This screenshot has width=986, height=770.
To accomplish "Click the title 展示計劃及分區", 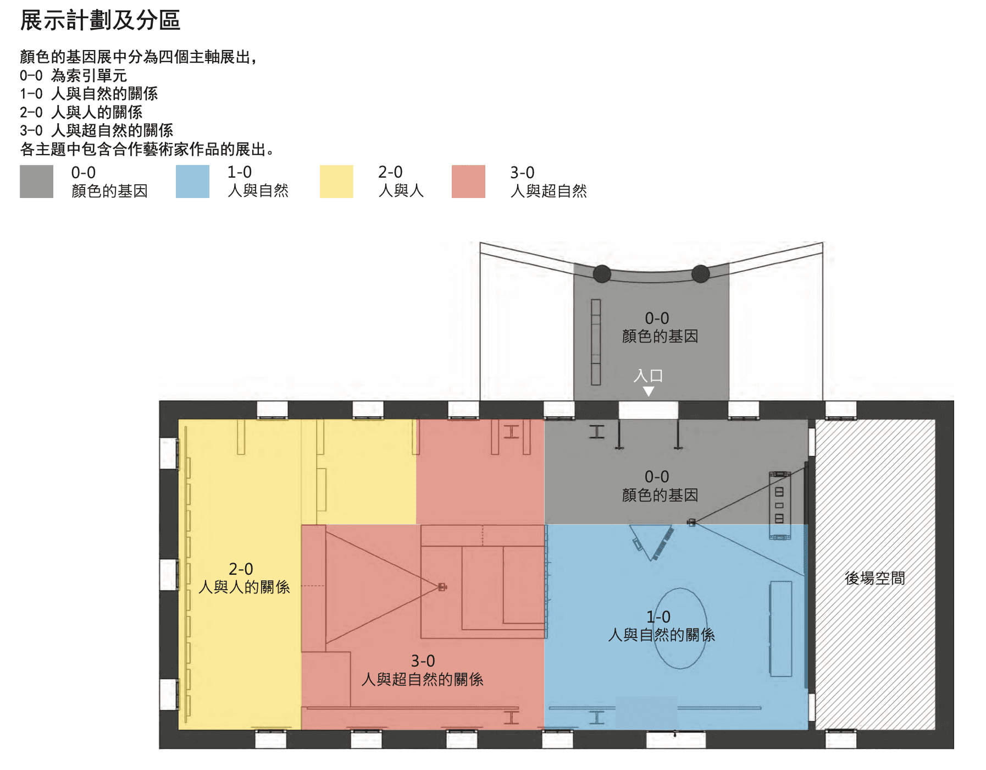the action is coord(100,21).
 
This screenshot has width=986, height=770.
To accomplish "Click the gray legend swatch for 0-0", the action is coord(36,182).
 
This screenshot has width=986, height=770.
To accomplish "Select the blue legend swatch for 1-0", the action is coord(192,182).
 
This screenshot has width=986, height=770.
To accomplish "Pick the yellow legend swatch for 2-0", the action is coord(336,182).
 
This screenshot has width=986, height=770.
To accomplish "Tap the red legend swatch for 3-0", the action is coord(468,182).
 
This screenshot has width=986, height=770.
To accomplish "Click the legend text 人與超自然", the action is coord(549,191).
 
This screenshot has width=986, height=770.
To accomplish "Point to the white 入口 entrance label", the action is coord(648,376).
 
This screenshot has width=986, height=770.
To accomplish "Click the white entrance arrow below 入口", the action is coord(649,391).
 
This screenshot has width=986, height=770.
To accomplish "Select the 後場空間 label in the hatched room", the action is coord(874,578).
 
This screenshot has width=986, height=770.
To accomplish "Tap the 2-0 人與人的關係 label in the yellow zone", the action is coord(243,578).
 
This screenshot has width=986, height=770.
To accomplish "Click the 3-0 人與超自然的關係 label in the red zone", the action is coord(422,670).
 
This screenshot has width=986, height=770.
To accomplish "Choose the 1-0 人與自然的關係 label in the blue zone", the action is coord(661,626).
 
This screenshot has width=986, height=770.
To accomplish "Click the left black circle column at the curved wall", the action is coord(602,273).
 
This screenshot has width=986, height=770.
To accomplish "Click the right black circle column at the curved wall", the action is coord(700,273).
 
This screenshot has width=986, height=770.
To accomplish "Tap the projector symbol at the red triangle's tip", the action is coord(442,587).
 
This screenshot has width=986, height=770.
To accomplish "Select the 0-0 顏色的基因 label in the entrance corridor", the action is coord(660,327).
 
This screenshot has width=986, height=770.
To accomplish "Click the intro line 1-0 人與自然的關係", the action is coord(88,94).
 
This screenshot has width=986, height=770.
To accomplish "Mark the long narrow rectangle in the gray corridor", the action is coord(596,342).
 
